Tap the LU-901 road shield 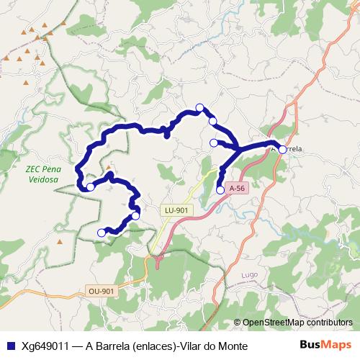tap(176, 210)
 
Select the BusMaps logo tap(325, 346)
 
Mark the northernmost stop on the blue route tap(200, 108)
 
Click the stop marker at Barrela tap(282, 149)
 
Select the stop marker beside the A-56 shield tap(220, 190)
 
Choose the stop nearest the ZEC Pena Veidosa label tap(90, 187)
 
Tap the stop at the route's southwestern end tap(101, 232)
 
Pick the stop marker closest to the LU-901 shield tap(135, 215)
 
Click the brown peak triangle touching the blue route tap(109, 174)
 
